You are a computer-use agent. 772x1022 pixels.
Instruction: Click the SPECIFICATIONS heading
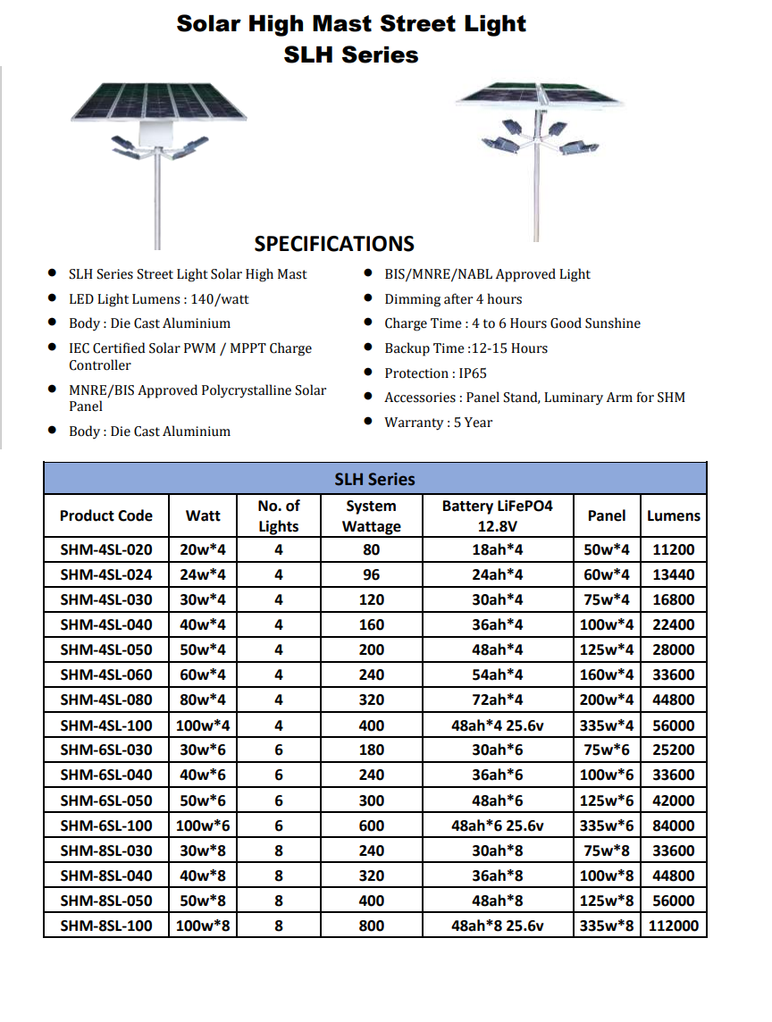click(334, 244)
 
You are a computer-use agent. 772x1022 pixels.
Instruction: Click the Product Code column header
click(105, 515)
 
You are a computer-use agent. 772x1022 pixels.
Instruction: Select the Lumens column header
click(673, 515)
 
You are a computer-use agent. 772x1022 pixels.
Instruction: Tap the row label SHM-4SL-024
click(105, 574)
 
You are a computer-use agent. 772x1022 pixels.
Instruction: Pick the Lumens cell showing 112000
click(673, 926)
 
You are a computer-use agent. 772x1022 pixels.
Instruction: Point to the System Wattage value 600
click(371, 825)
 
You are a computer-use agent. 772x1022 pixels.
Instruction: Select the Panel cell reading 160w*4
click(606, 674)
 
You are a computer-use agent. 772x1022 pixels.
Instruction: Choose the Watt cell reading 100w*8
click(203, 926)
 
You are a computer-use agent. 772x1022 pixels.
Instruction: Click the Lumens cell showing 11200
click(673, 549)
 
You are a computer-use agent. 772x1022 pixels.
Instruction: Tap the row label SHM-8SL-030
click(105, 850)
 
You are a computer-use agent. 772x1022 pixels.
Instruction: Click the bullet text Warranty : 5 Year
click(438, 423)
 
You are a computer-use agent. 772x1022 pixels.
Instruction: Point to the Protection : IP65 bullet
click(435, 373)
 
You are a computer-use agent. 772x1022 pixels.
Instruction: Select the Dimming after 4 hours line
click(453, 299)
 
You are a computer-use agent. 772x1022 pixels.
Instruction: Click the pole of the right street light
click(536, 197)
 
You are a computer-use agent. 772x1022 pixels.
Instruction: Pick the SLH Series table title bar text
click(374, 479)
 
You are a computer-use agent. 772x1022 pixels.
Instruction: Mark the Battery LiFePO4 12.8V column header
click(497, 515)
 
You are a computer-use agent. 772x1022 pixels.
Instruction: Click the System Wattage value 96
click(371, 574)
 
